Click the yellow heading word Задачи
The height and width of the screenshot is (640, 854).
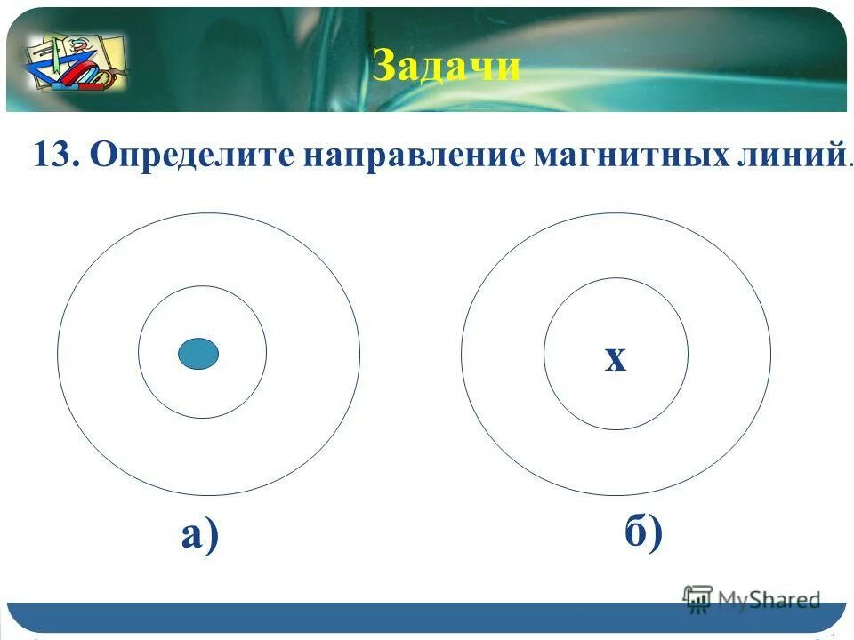pyautogui.click(x=447, y=67)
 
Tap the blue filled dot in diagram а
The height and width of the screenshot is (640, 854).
pyautogui.click(x=197, y=353)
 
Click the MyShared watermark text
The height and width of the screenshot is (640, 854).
pyautogui.click(x=769, y=600)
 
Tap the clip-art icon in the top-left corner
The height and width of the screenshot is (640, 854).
pyautogui.click(x=75, y=60)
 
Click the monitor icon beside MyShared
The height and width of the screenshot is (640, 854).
pyautogui.click(x=697, y=598)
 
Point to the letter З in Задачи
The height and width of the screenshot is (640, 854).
pyautogui.click(x=383, y=67)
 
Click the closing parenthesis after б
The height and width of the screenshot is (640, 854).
pyautogui.click(x=656, y=534)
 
